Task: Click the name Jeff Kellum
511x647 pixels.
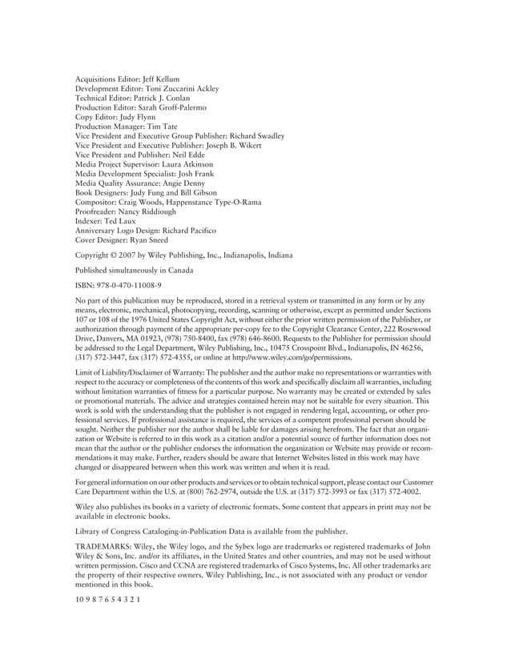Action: tap(162, 79)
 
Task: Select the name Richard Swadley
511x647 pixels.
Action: tap(257, 136)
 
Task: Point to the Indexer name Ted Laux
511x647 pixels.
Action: tap(121, 220)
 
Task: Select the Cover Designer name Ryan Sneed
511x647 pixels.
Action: tap(150, 239)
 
